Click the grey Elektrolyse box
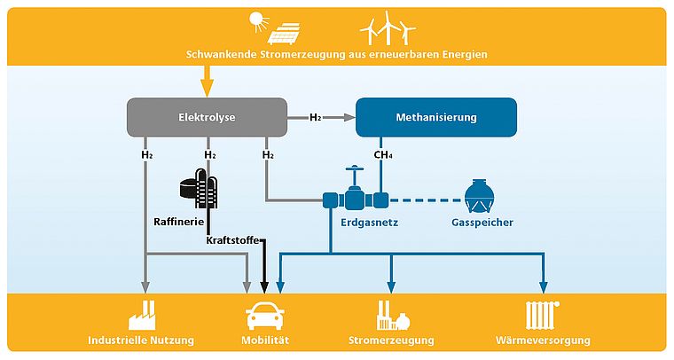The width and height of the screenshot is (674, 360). (x=207, y=117)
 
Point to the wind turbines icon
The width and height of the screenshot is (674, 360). (x=387, y=28)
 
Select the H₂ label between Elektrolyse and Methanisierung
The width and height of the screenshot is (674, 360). (x=316, y=117)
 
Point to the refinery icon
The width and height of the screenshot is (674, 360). (x=200, y=188)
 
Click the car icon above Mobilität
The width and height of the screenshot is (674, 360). (x=265, y=315)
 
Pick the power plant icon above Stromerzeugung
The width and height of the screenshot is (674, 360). (x=391, y=314)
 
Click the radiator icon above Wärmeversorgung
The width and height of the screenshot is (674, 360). (x=543, y=314)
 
